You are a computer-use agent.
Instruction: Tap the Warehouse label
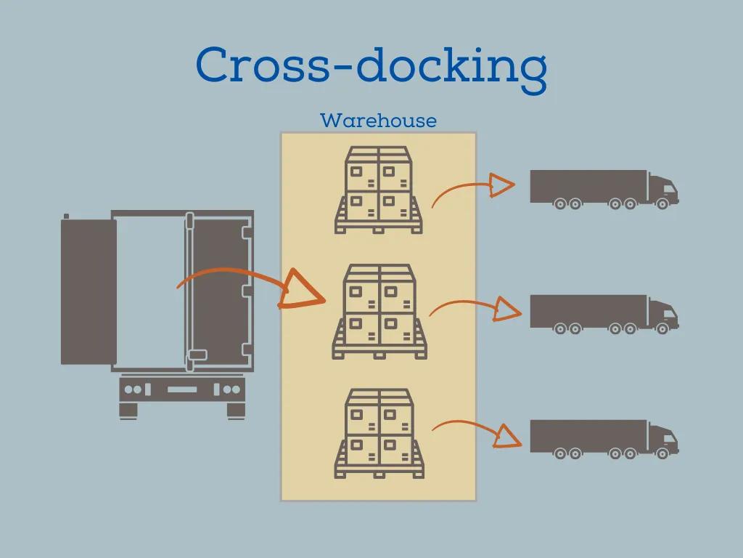coord(378,120)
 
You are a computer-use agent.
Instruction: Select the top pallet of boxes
coord(379,190)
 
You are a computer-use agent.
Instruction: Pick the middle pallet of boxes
coord(379,312)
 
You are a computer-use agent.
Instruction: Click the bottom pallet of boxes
coord(379,433)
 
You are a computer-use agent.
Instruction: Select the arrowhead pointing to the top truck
coord(500,185)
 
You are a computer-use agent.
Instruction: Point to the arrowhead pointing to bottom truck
coord(508,435)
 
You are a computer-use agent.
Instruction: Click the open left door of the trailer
coord(89,291)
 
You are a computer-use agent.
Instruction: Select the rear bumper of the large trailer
coord(181,389)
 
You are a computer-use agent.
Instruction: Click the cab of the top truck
coord(662,190)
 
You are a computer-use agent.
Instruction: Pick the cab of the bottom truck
coord(662,440)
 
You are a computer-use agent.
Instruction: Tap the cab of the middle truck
coord(662,315)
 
